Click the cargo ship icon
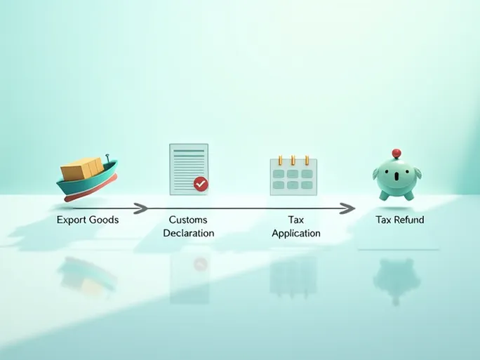tap(87, 179)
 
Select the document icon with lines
tap(189, 169)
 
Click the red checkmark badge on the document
tap(201, 184)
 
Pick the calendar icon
tap(293, 175)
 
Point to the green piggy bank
tap(396, 179)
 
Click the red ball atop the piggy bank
tap(396, 152)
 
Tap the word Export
tap(72, 220)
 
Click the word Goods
tap(105, 220)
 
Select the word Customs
tap(188, 220)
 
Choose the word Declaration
tap(188, 233)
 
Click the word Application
tap(295, 233)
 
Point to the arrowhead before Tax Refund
tap(348, 208)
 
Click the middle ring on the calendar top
tap(293, 160)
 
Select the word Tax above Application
tap(295, 220)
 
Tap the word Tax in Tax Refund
tap(383, 220)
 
